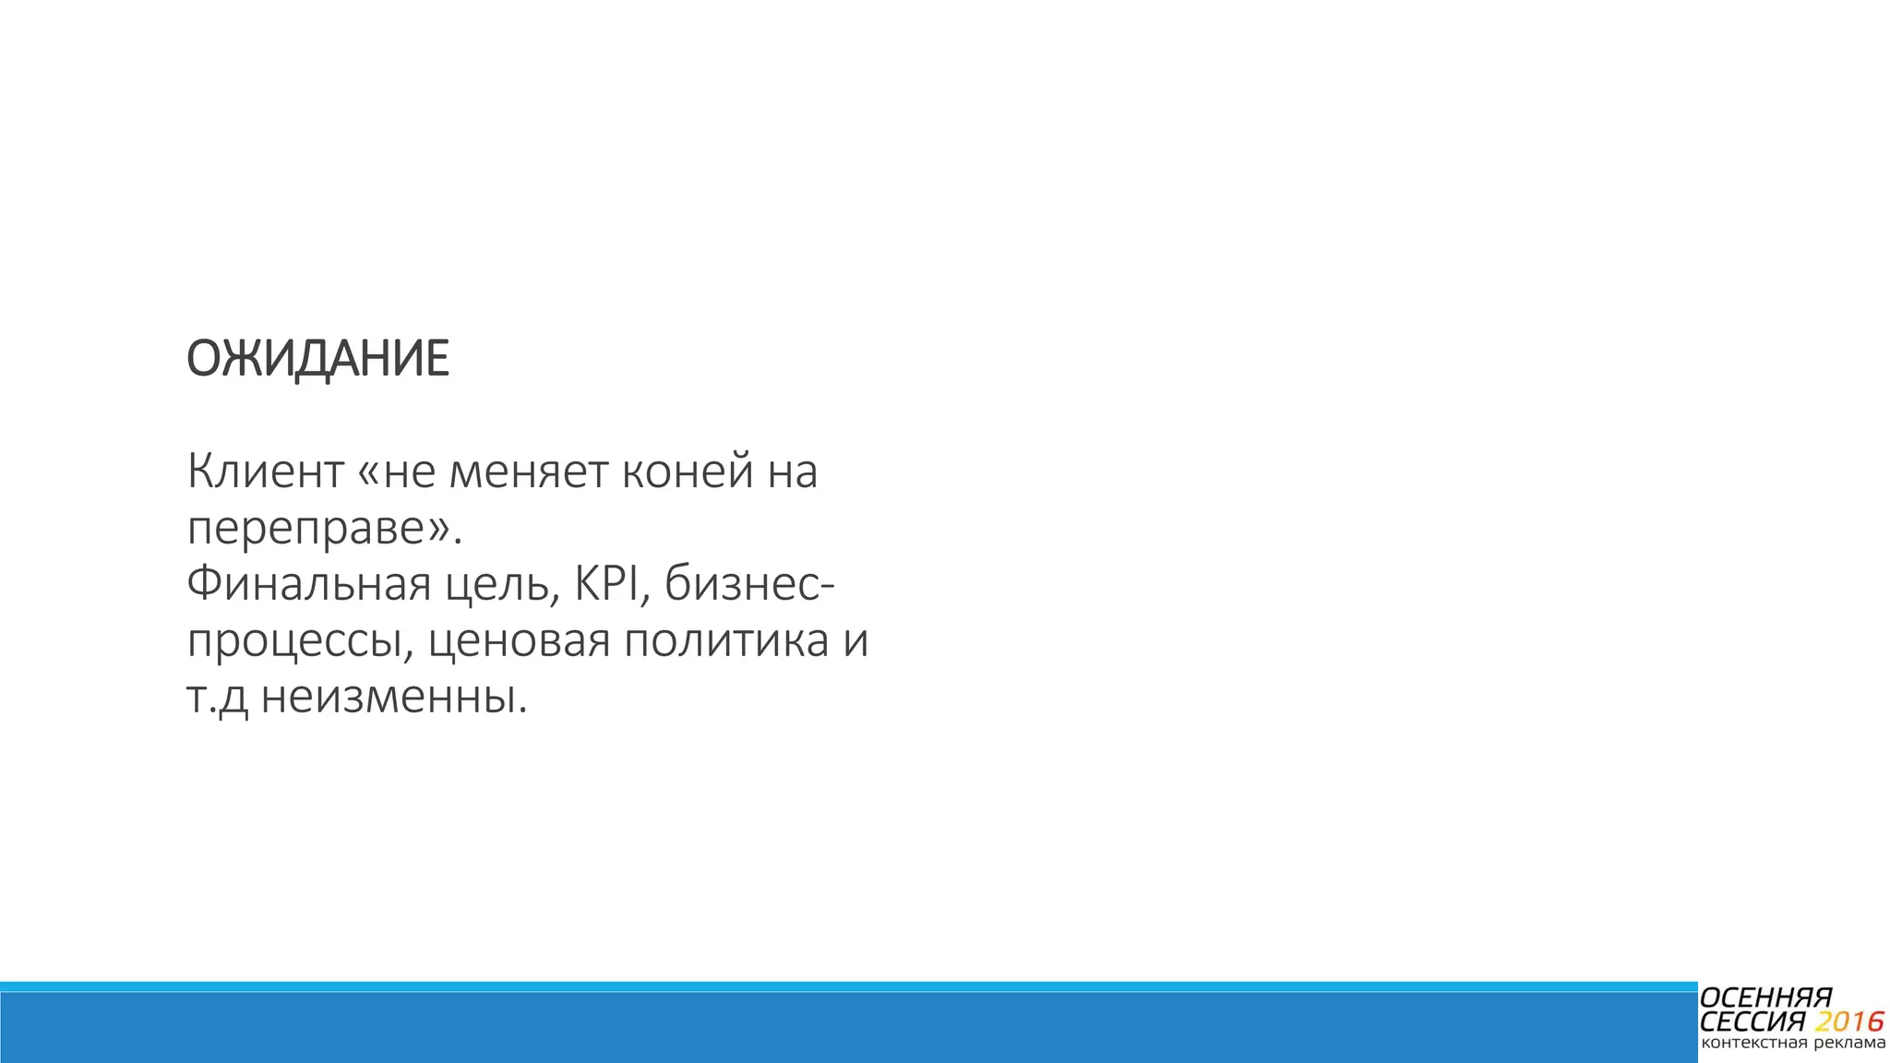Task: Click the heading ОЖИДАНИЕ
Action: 317,359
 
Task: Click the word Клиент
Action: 266,472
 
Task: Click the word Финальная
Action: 309,585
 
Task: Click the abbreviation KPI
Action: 607,583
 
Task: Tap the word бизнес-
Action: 749,585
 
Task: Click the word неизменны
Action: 394,698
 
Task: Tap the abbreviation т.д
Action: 218,698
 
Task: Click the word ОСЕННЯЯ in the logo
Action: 1765,998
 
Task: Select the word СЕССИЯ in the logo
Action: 1752,1022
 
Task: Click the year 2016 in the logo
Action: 1848,1022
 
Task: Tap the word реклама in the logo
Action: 1848,1044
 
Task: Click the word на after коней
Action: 792,472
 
